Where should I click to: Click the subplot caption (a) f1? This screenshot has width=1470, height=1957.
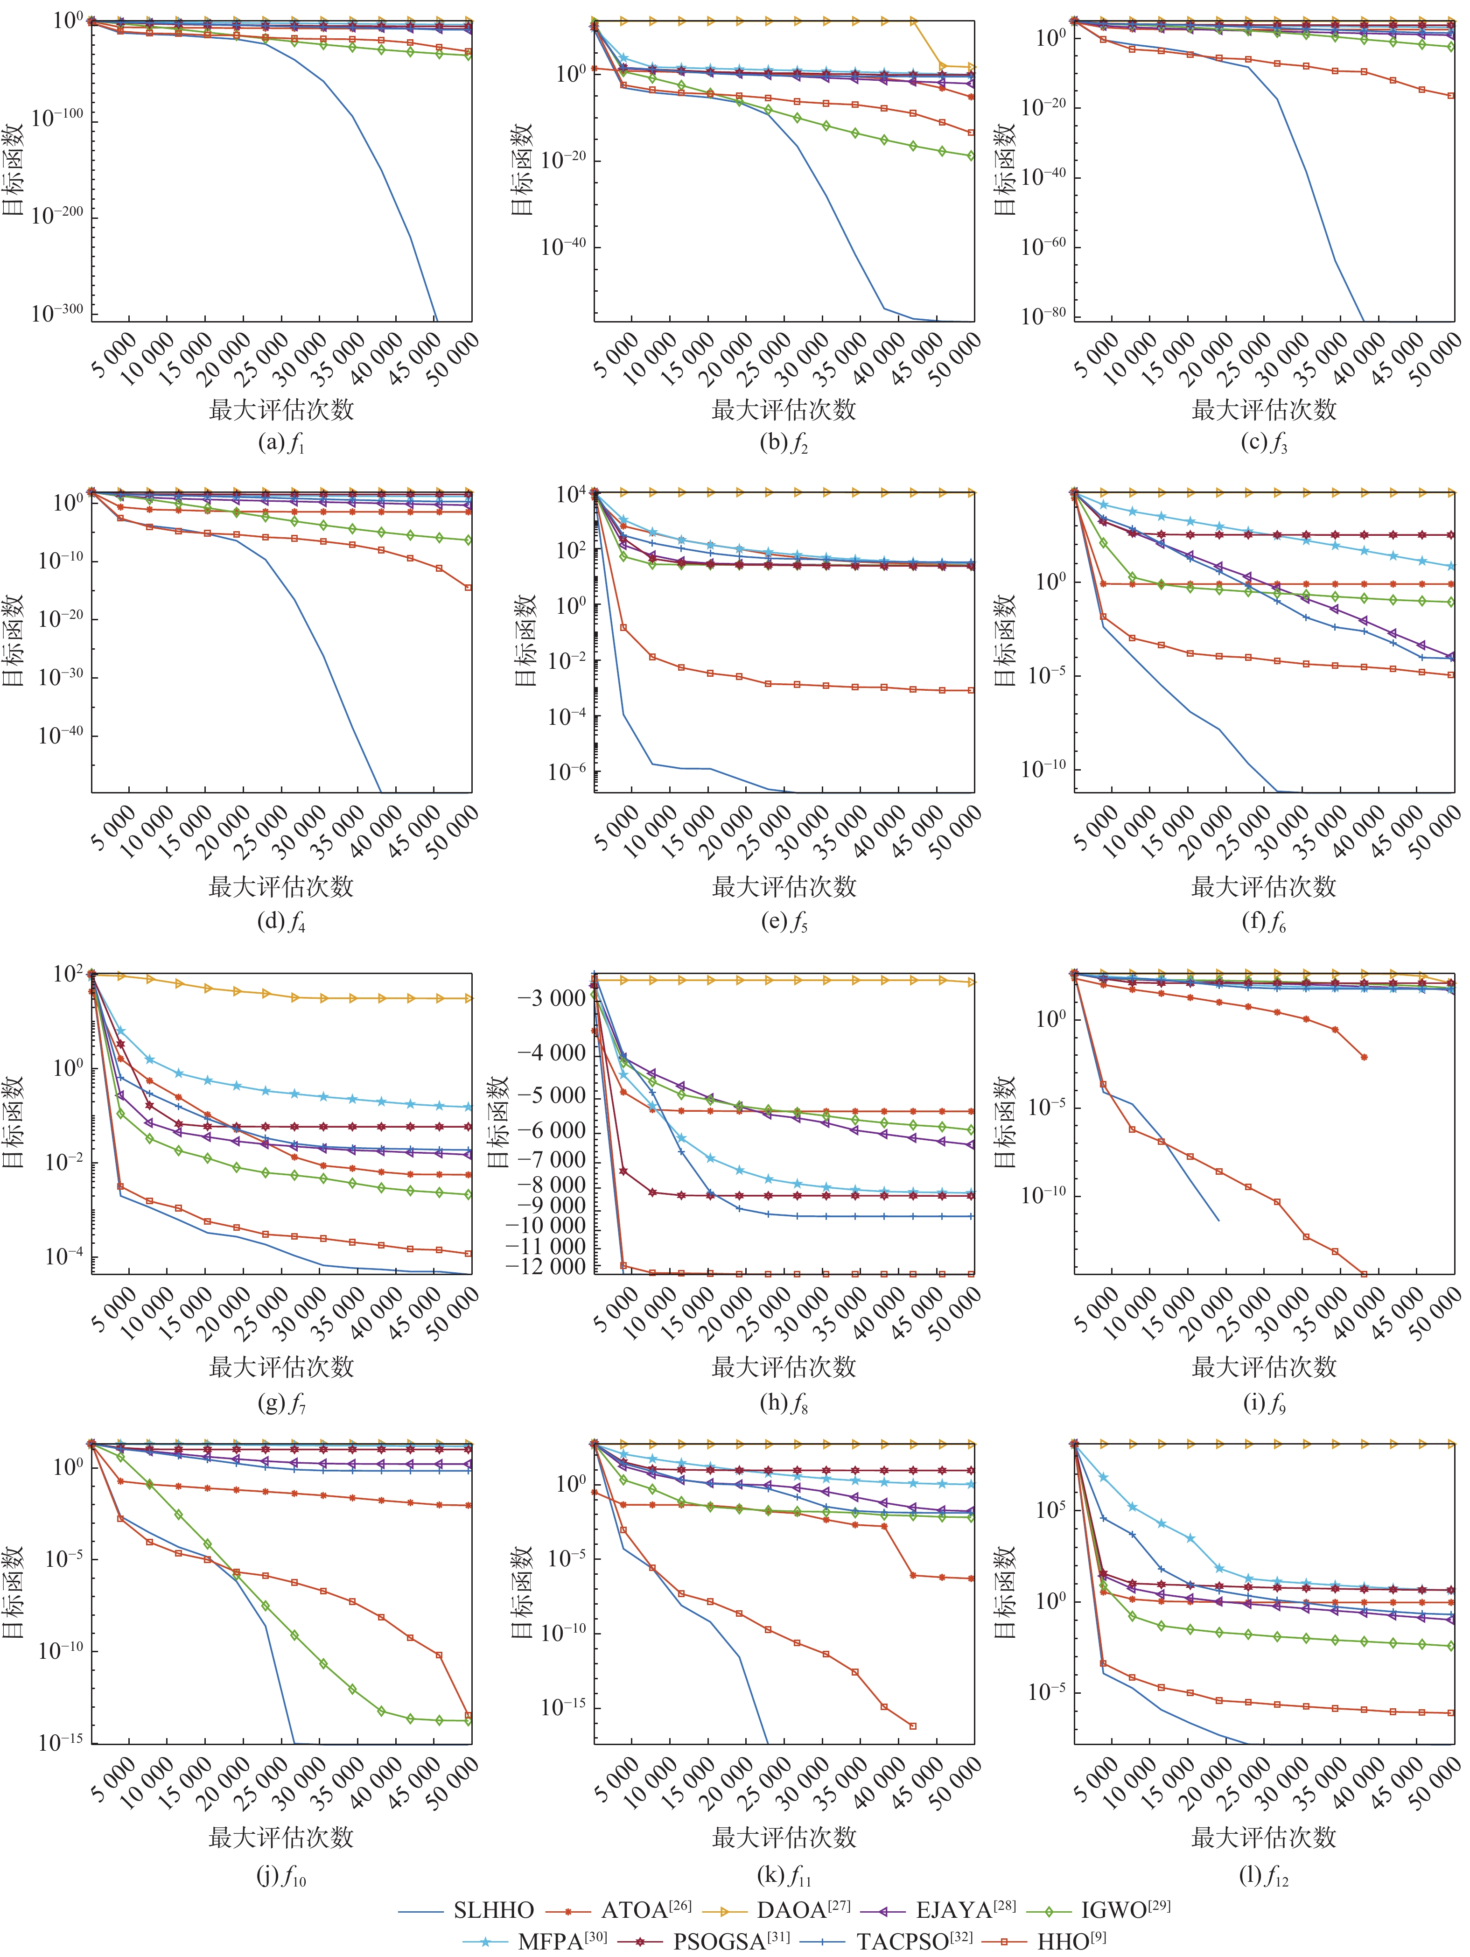coord(281,442)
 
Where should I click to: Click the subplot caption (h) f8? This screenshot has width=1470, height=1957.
coord(784,1402)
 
